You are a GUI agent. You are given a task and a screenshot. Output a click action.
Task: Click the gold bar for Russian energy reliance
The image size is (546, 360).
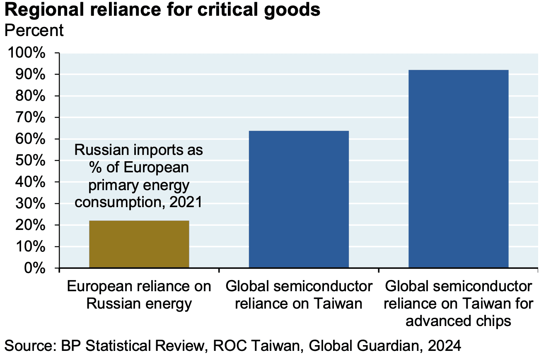pos(139,244)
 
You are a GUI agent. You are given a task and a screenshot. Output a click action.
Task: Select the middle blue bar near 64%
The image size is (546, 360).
pos(299,199)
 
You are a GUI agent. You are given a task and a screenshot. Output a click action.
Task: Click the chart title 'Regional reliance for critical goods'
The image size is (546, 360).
pos(162,10)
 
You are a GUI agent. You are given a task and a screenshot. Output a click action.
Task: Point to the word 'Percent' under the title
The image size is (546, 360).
pos(34,30)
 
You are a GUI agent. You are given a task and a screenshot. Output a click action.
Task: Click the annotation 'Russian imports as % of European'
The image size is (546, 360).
pos(139,159)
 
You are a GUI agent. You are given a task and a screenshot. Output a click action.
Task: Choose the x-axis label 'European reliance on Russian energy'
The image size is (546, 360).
pos(139,295)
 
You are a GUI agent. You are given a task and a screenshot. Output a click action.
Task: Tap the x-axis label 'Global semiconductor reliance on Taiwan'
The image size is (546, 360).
pos(299,295)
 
